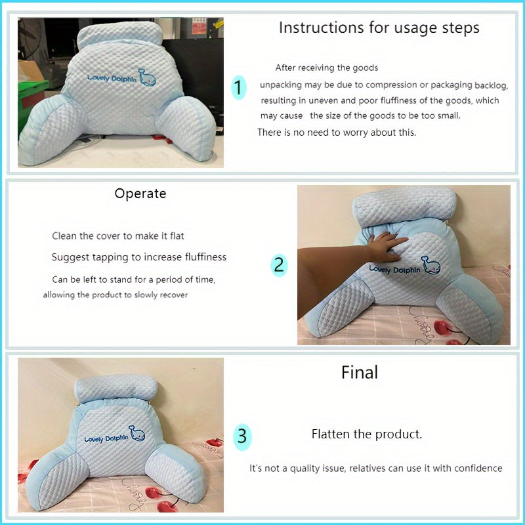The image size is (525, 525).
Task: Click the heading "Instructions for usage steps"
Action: click(379, 28)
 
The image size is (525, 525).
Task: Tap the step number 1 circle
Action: click(238, 87)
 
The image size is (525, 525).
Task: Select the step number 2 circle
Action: click(279, 264)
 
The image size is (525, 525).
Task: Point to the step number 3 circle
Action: click(242, 436)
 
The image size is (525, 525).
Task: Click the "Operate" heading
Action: click(140, 194)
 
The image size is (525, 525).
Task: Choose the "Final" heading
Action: click(360, 373)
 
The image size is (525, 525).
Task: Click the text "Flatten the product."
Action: click(367, 434)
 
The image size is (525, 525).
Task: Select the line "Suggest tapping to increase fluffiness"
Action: click(138, 257)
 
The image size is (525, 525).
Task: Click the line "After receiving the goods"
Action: click(326, 68)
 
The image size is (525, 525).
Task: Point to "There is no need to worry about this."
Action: click(337, 133)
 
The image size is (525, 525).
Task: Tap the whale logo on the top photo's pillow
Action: click(148, 77)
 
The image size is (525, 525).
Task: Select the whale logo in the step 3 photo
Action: click(136, 432)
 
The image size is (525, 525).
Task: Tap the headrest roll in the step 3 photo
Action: click(118, 391)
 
